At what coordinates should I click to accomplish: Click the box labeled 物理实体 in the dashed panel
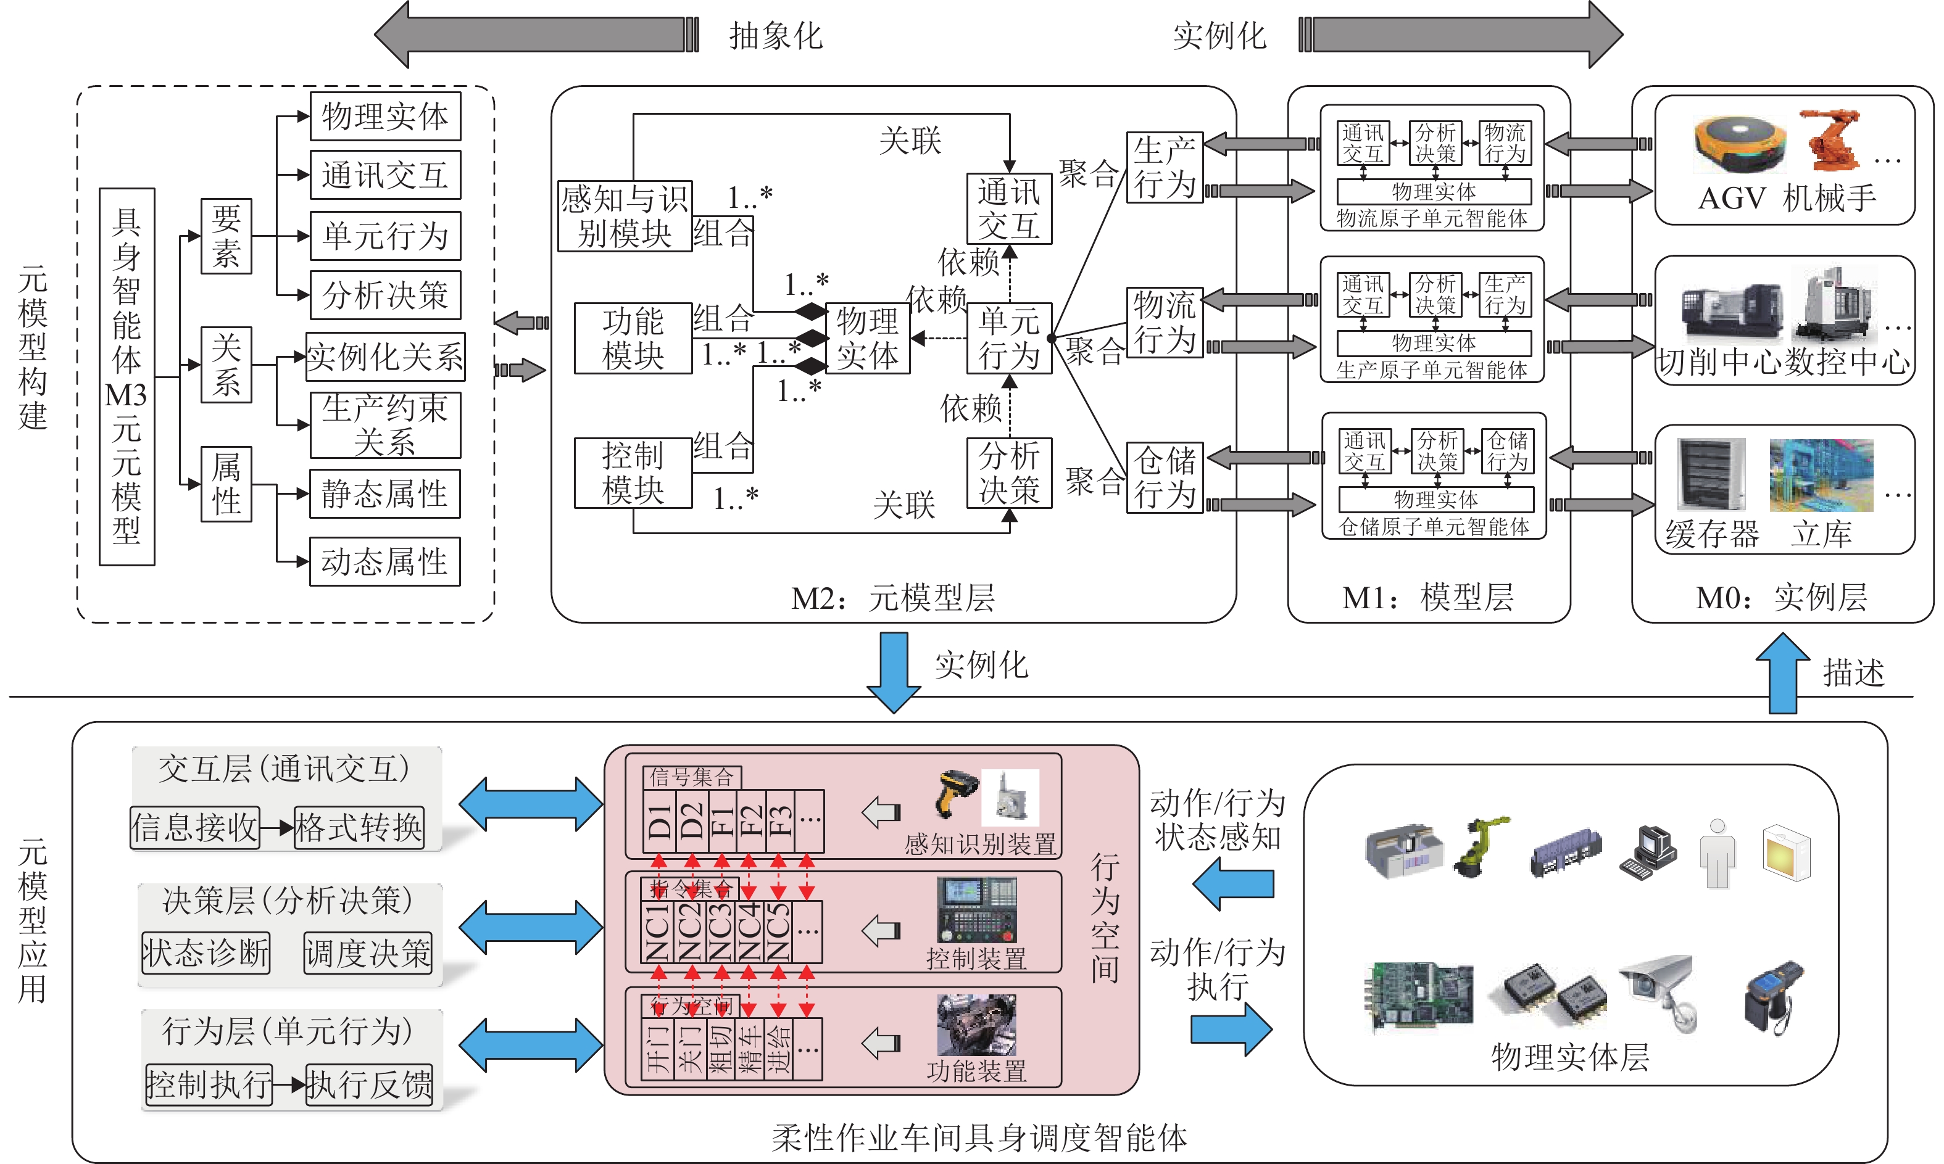(384, 116)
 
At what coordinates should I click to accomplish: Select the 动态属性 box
(384, 561)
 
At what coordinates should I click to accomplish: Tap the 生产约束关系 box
(384, 425)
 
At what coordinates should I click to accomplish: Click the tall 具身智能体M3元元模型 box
(127, 376)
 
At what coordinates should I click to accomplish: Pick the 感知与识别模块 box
(625, 217)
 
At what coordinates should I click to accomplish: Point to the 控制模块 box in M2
(633, 473)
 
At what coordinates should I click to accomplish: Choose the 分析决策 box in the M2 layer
(1009, 473)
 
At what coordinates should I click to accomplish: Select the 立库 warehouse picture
(1821, 476)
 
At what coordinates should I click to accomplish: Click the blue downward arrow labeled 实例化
(894, 671)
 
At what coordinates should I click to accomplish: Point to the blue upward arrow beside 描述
(1782, 673)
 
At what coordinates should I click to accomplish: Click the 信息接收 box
(194, 827)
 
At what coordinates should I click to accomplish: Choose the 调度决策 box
(368, 953)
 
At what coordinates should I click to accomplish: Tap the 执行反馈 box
(368, 1085)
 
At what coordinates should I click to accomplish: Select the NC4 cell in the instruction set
(749, 932)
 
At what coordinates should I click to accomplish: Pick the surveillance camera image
(1659, 988)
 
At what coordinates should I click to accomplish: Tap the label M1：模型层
(1428, 598)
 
